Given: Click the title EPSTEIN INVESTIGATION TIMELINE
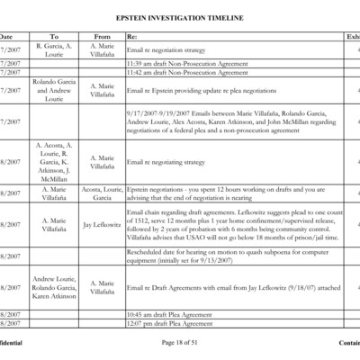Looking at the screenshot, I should [179, 18].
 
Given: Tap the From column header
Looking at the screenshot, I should [102, 37].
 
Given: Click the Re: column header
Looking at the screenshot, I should [132, 37].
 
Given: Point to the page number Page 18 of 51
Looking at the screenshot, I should [180, 342].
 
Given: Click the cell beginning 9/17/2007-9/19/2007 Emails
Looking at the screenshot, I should [229, 121].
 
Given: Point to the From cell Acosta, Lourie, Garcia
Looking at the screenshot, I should [103, 193].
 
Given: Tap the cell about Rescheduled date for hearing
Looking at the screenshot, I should [229, 256].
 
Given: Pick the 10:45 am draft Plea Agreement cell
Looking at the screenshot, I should [170, 314].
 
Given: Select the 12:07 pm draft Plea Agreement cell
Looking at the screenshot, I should [170, 323].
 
